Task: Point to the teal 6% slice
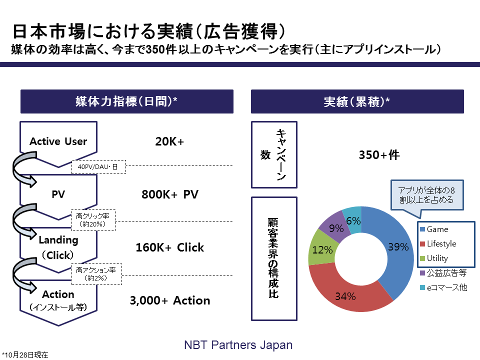tap(353, 220)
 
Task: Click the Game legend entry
tap(434, 229)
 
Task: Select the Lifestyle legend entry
tap(438, 243)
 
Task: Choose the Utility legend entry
tap(434, 258)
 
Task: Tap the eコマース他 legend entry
tap(443, 287)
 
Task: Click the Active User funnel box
tap(58, 141)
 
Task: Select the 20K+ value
tap(169, 141)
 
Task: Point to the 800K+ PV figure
tap(170, 194)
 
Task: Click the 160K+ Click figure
tap(170, 247)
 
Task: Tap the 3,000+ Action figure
tap(170, 300)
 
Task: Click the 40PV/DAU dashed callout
tap(98, 167)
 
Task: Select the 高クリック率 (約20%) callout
tap(93, 220)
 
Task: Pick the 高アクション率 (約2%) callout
tap(96, 274)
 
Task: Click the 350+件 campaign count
tap(379, 155)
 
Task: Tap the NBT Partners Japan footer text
tap(238, 345)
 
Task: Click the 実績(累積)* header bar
tap(357, 101)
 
